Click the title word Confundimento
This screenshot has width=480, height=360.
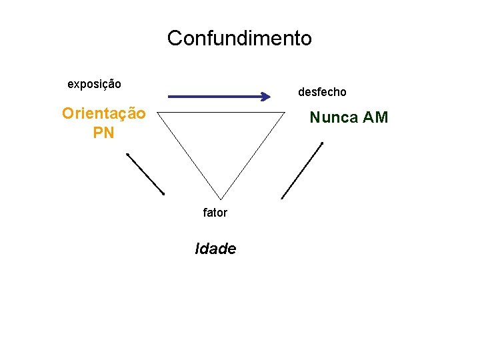(x=239, y=38)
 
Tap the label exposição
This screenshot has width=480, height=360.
(x=94, y=84)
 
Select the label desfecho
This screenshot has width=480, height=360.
(x=322, y=91)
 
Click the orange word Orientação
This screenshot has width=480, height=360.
(x=103, y=113)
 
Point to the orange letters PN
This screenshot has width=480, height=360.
(x=103, y=133)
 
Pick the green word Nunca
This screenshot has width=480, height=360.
(x=334, y=118)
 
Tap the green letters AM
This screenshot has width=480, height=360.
(x=375, y=118)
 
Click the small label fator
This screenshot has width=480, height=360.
(x=215, y=213)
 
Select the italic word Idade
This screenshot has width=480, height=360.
(x=215, y=249)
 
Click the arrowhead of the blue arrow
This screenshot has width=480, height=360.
(x=266, y=97)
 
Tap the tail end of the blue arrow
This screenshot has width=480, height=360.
(x=169, y=97)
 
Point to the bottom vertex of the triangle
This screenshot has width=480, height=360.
(x=221, y=195)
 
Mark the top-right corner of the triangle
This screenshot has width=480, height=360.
(x=284, y=112)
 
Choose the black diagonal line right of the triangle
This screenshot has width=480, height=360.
(x=302, y=170)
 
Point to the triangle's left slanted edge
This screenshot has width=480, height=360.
(x=189, y=153)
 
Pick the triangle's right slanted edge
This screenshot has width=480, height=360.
(x=253, y=153)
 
